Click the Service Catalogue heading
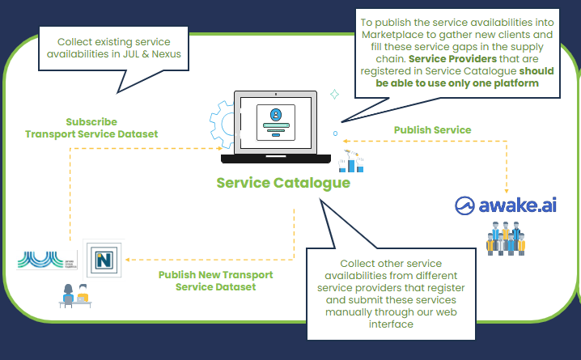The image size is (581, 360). (283, 182)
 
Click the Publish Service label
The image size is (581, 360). (432, 129)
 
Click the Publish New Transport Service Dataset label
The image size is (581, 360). (215, 281)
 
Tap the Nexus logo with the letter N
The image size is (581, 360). (103, 259)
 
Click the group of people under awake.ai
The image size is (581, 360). (506, 239)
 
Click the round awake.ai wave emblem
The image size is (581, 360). (468, 205)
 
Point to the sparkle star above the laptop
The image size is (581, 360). (334, 95)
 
